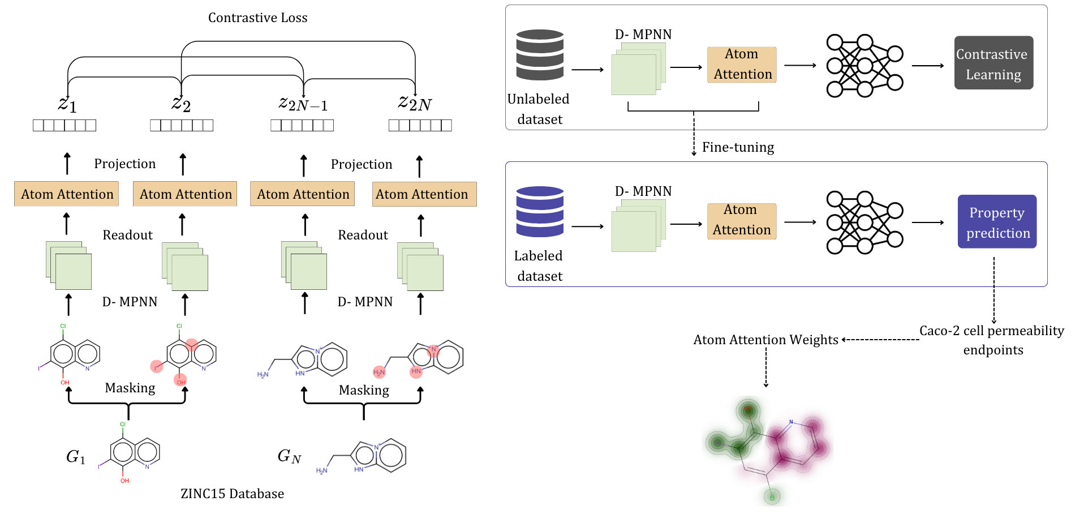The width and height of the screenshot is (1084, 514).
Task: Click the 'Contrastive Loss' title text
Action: coord(257,18)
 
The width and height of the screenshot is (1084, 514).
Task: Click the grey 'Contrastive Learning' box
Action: coord(993,63)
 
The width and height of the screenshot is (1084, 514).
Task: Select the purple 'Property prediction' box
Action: coord(997,221)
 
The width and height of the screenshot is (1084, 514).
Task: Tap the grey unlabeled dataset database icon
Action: coord(540,54)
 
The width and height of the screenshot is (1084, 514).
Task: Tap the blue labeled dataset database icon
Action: coord(540,211)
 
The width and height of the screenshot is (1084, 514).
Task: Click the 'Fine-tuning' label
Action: coord(738,147)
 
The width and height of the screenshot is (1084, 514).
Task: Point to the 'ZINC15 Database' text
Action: coord(232,494)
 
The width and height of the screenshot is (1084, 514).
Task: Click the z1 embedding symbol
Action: coord(67,104)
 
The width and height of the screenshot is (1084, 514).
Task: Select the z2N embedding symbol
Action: coord(415,103)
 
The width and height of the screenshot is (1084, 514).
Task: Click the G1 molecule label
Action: coord(75,456)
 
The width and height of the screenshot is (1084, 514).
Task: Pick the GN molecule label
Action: coord(289,456)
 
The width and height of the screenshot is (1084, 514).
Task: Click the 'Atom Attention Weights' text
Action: coord(765,340)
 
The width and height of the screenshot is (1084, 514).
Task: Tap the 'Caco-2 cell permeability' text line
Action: coord(991,331)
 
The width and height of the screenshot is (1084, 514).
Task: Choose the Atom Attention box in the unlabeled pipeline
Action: coord(742,65)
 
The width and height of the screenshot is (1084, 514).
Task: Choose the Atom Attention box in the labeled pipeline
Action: coord(742,221)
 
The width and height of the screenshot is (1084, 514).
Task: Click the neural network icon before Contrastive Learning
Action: coord(864,66)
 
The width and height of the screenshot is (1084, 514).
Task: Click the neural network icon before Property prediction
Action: coord(864,222)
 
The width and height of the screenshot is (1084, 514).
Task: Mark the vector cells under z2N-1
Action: coord(302,125)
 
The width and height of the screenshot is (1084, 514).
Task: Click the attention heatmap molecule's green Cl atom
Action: coord(772,498)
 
